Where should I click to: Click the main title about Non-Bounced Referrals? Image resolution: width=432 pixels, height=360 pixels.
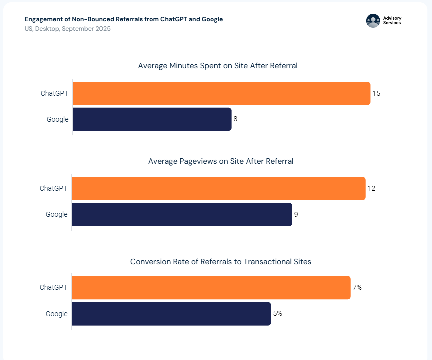click(124, 19)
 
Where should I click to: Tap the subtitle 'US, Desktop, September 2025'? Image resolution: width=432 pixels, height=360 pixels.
click(68, 29)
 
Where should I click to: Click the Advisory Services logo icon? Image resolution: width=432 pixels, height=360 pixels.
click(373, 20)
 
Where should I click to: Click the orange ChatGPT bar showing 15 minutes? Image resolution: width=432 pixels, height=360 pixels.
click(221, 93)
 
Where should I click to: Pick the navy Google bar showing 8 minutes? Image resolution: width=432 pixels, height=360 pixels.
click(152, 119)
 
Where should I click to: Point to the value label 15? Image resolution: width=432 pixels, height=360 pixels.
click(376, 93)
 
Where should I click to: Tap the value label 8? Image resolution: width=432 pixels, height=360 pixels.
click(235, 119)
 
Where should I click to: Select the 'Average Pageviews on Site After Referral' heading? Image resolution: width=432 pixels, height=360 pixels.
click(221, 161)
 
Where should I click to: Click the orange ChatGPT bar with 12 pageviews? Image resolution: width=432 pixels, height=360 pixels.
click(218, 188)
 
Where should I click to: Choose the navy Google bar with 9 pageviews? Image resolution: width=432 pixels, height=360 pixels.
click(182, 214)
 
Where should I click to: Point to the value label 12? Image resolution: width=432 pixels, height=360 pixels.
click(371, 188)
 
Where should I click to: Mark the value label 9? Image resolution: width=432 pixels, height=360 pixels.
click(296, 214)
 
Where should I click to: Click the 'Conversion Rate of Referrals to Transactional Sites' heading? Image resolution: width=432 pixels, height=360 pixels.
click(221, 262)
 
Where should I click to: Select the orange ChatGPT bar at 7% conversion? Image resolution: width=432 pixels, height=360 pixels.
click(211, 288)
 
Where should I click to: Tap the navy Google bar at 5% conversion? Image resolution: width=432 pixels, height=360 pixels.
click(171, 314)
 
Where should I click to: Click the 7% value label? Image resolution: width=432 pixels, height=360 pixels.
click(357, 288)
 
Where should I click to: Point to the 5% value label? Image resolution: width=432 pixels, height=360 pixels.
click(277, 314)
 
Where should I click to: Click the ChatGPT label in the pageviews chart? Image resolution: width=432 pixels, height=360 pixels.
click(54, 188)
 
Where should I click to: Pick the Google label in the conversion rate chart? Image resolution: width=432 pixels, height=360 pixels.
click(57, 314)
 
